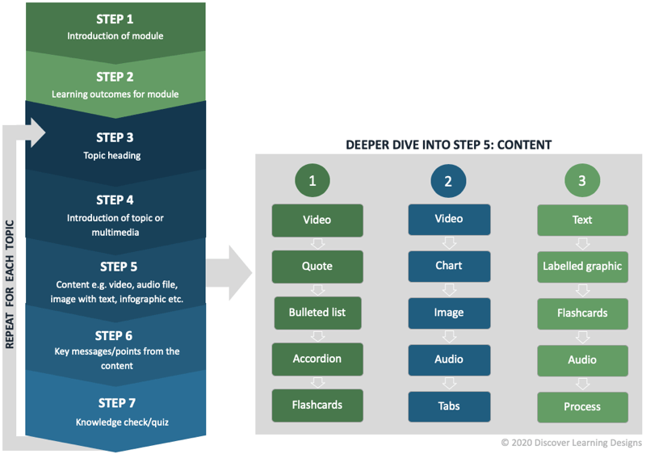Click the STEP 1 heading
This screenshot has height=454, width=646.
(x=115, y=19)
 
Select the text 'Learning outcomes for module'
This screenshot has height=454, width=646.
(x=115, y=95)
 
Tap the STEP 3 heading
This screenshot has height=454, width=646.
(x=115, y=137)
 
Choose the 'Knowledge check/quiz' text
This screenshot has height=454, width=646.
(x=115, y=422)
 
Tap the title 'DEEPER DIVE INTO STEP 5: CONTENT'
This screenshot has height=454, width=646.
(x=448, y=145)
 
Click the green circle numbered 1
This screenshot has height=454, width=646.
(x=313, y=181)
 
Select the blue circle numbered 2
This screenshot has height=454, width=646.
(x=448, y=181)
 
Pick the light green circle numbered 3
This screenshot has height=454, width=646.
(x=582, y=181)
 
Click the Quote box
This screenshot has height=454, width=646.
(x=317, y=266)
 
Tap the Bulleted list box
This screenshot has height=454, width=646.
(x=317, y=312)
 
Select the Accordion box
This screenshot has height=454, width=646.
(x=317, y=359)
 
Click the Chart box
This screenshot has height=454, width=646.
(x=448, y=266)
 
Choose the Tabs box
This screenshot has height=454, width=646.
(x=448, y=406)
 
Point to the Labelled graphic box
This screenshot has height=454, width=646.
(x=582, y=266)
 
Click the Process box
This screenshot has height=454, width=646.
(x=582, y=406)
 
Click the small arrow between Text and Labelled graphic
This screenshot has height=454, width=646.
(x=582, y=243)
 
